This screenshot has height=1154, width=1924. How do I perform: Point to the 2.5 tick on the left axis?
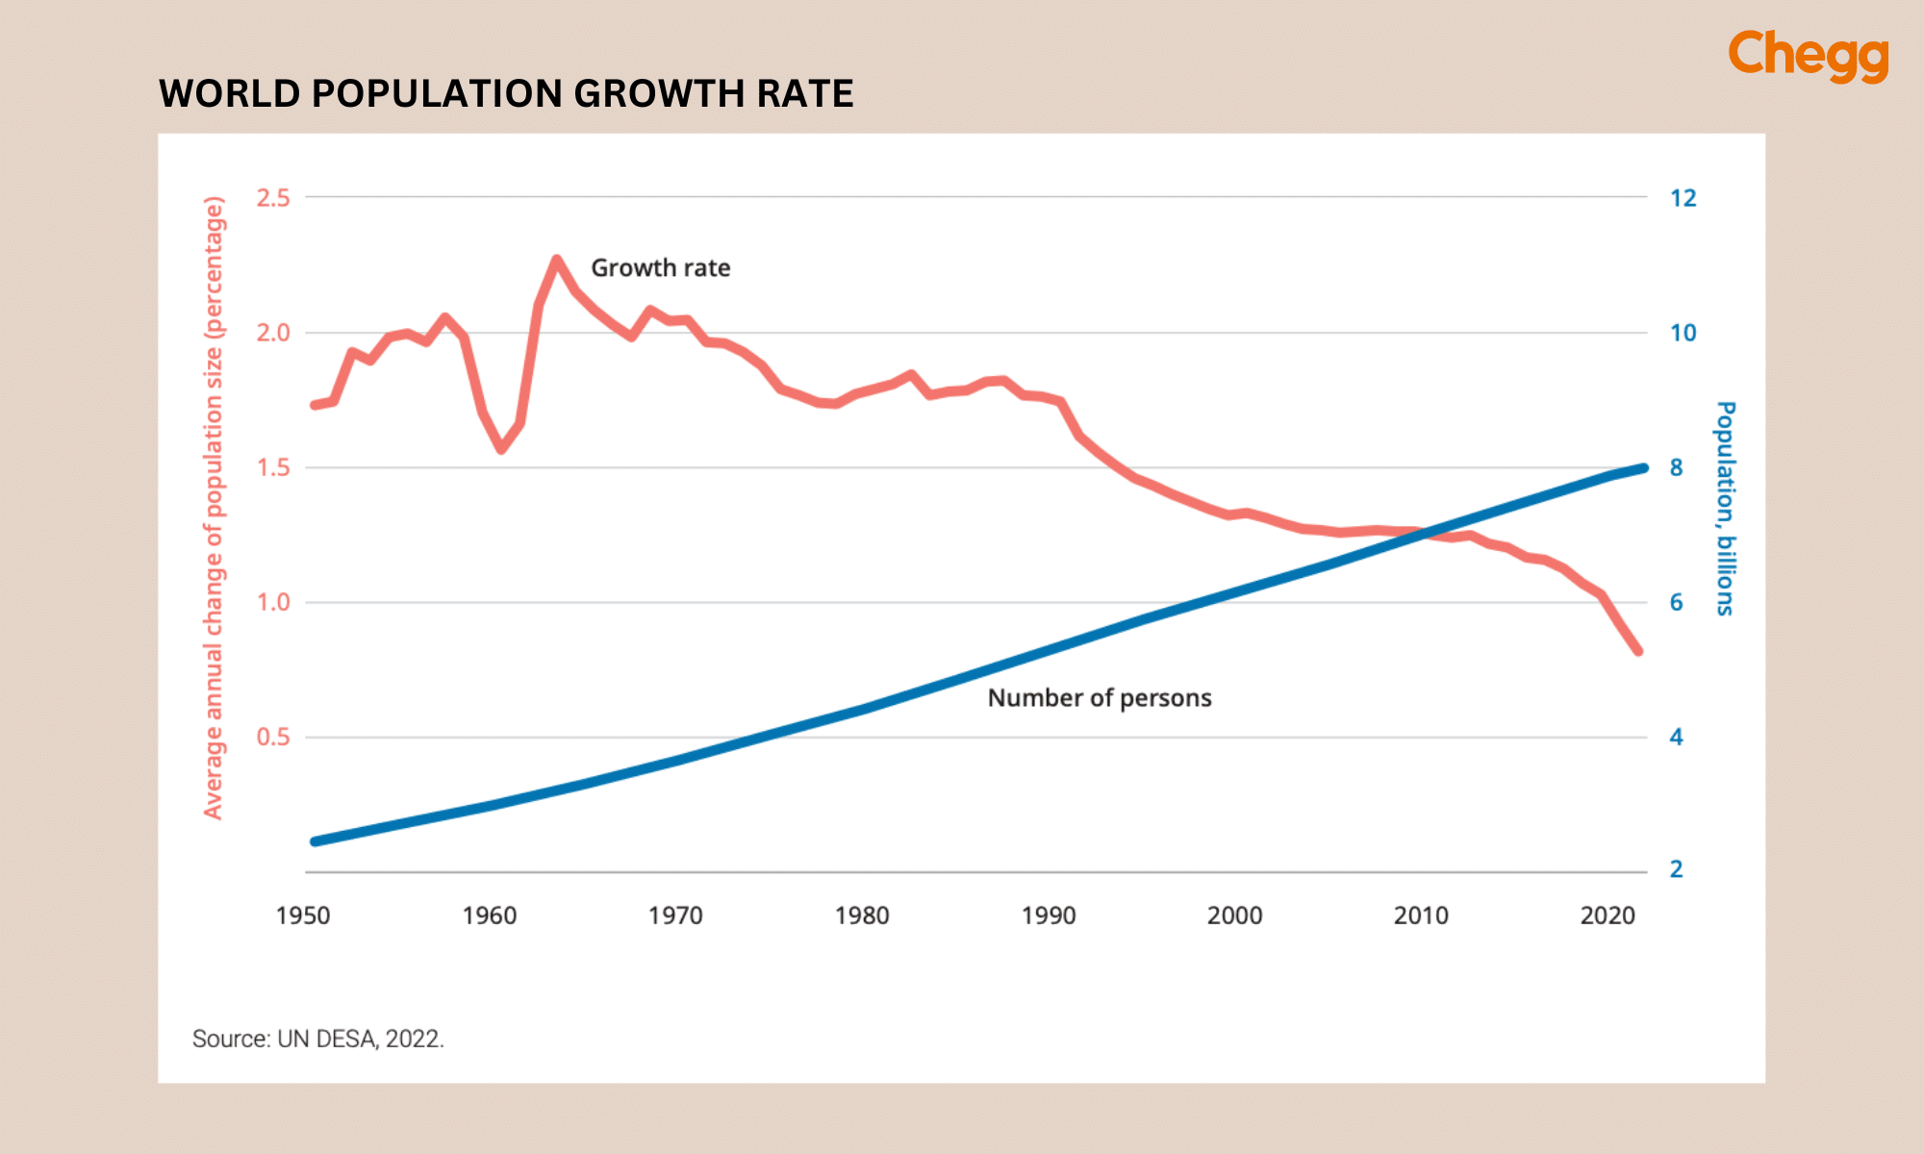(273, 198)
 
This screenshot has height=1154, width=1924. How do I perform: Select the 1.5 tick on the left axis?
(273, 468)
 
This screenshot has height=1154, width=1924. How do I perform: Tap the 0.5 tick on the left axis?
(273, 738)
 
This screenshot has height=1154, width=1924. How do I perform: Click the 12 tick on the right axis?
(1683, 198)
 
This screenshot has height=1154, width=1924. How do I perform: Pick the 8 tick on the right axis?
(1677, 468)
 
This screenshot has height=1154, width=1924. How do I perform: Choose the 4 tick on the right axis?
(1677, 738)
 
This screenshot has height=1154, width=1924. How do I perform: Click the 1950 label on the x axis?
(303, 916)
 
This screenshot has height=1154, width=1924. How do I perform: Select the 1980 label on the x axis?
(862, 916)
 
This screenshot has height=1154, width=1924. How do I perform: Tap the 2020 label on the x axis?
(1608, 916)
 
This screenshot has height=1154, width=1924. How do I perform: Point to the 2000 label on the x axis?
(1234, 916)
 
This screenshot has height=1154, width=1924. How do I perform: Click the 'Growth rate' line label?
(660, 268)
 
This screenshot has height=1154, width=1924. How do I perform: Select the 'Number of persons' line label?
(1100, 698)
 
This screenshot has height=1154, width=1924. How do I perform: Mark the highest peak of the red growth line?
(556, 260)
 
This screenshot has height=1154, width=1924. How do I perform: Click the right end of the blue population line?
(1644, 468)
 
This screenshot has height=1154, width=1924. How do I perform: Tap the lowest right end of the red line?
(1637, 651)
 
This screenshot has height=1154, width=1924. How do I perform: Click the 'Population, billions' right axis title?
(1725, 508)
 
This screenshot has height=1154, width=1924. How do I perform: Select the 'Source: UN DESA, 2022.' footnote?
(318, 1040)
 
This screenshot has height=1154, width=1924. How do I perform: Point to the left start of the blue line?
(316, 841)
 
